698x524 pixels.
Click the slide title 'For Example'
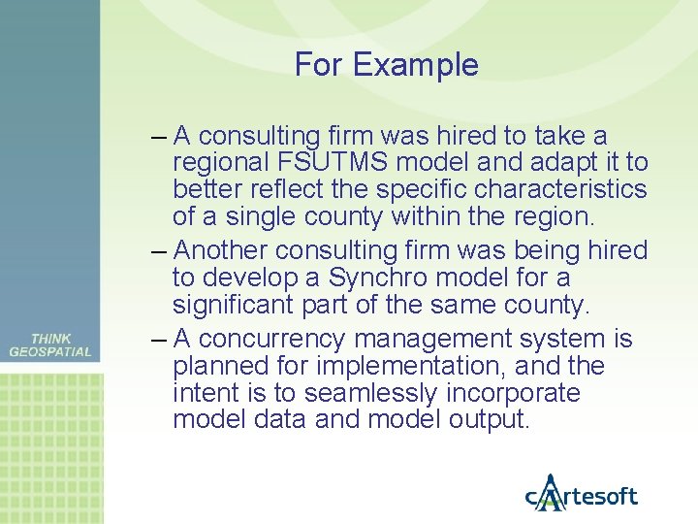pos(386,65)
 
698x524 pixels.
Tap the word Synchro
pos(379,278)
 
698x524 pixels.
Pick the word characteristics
pos(564,187)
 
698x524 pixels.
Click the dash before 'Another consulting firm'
pos(161,250)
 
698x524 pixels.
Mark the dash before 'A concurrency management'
pos(161,339)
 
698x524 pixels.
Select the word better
pos(204,187)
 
